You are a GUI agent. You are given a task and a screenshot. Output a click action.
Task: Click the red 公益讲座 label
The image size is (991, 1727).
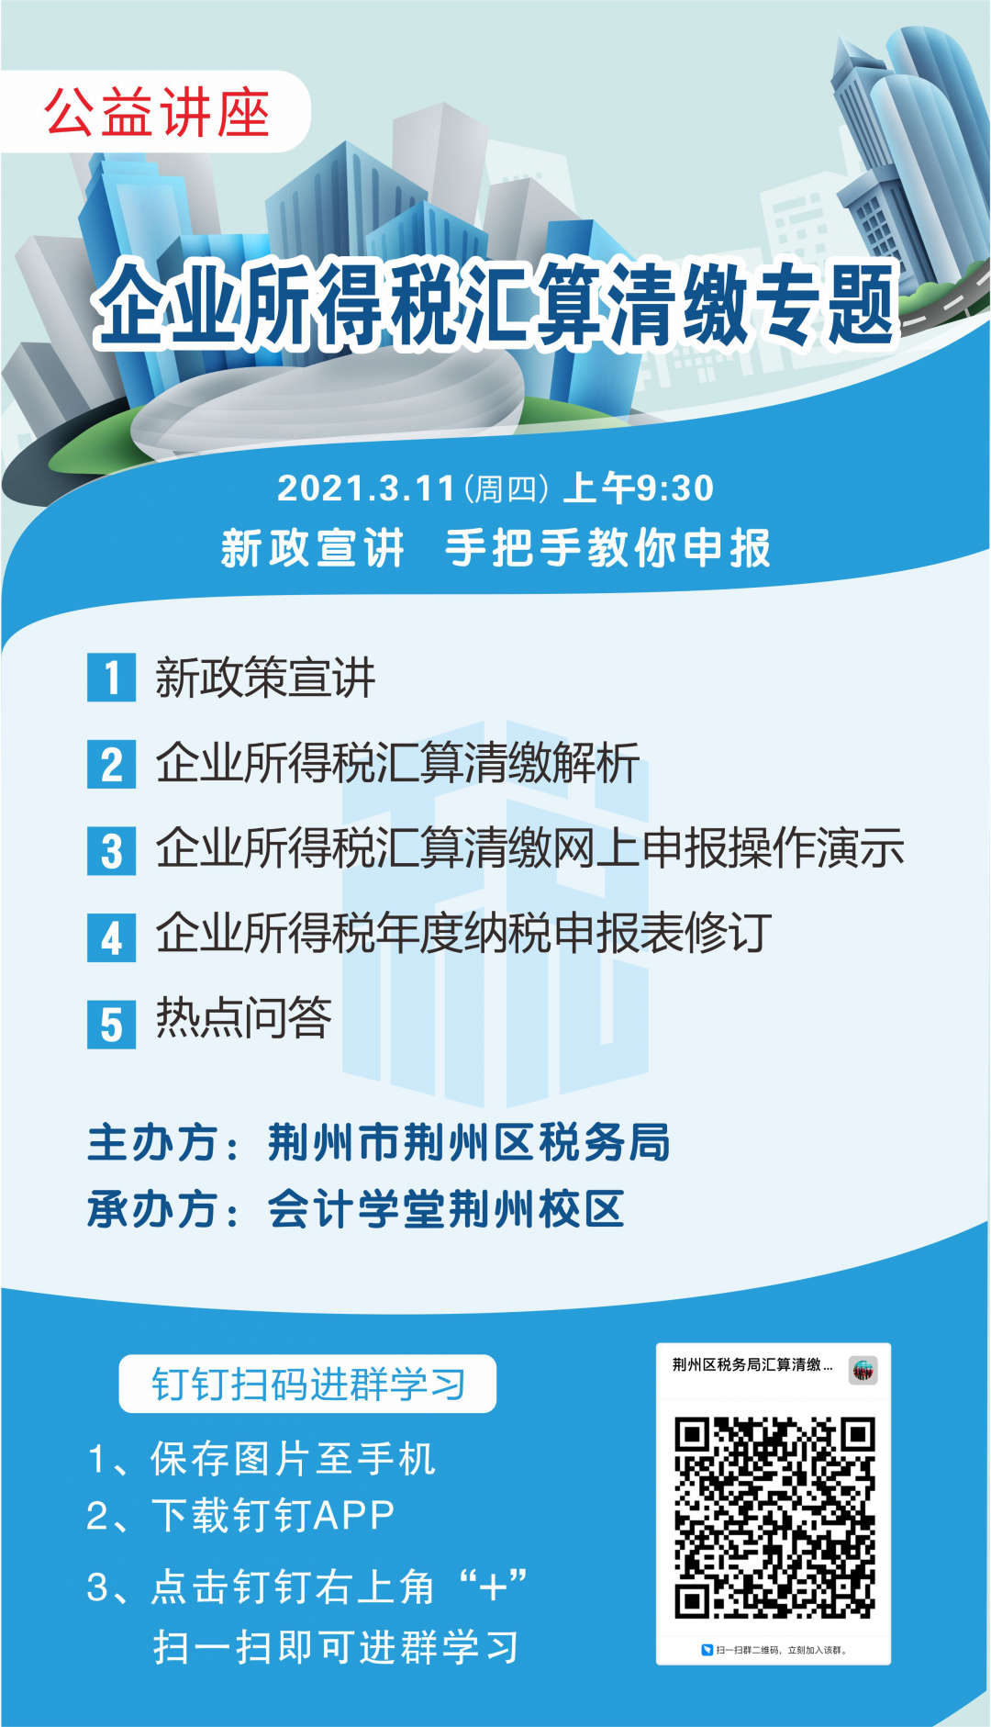[x=157, y=112]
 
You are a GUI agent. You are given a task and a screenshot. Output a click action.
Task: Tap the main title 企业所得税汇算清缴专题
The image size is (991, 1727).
[x=496, y=304]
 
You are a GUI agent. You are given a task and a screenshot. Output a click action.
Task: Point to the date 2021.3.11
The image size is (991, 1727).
[x=366, y=488]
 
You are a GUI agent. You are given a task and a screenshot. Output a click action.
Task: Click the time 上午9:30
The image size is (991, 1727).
[x=638, y=488]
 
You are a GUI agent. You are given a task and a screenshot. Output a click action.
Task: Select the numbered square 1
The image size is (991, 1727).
[x=111, y=678]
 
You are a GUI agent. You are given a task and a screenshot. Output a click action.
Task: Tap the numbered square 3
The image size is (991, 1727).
[x=111, y=850]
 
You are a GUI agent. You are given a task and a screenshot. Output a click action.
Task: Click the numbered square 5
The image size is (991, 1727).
[x=111, y=1024]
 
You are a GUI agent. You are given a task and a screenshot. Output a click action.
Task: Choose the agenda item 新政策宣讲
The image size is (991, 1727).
[x=265, y=678]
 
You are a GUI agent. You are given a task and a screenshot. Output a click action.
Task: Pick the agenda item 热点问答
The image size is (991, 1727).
[x=243, y=1017]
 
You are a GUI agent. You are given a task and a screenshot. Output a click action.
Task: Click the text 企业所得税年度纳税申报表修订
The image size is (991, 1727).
[x=463, y=933]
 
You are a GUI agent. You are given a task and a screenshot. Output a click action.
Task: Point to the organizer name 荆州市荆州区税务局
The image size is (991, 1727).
[x=469, y=1143]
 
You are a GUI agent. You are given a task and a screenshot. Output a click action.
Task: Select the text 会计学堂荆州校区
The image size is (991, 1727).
[x=446, y=1209]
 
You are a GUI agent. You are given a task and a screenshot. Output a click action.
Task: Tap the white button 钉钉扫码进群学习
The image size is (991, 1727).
[x=307, y=1384]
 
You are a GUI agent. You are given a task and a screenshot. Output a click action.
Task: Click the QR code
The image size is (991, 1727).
[x=774, y=1517]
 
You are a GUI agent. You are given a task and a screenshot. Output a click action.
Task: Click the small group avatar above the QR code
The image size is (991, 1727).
[x=863, y=1370]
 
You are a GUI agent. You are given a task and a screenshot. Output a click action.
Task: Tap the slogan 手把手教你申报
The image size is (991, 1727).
[x=607, y=548]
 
